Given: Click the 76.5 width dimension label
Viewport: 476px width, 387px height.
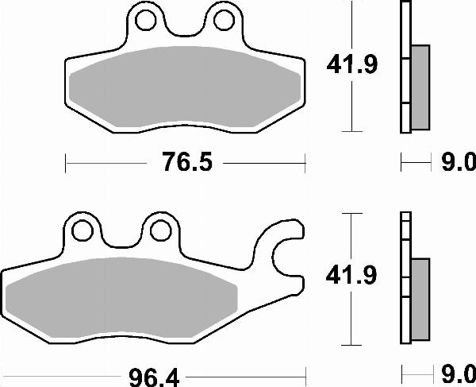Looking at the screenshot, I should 185,164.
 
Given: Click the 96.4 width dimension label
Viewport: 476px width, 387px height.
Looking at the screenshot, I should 159,373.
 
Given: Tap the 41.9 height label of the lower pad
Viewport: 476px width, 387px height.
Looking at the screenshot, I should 351,277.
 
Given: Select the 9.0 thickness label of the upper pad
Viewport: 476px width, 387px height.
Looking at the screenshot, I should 458,164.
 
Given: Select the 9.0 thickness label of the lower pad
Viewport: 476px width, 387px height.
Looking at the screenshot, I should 458,373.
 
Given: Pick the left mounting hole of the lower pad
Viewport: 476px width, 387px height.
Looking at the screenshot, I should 80,230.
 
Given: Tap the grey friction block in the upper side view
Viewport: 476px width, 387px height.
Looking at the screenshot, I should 420,87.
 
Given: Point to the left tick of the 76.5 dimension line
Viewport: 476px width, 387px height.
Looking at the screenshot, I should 65,164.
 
